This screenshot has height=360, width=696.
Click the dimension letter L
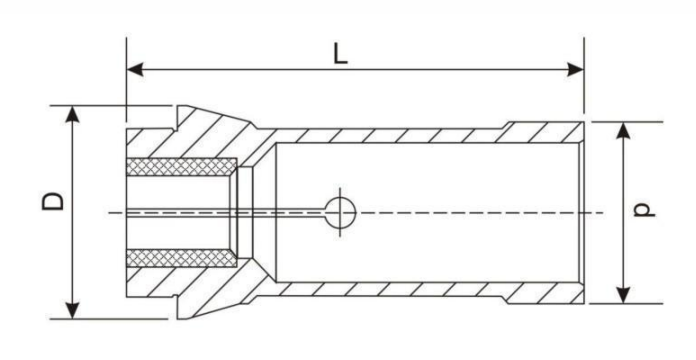[341, 53]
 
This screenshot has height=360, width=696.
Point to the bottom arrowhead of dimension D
[73, 309]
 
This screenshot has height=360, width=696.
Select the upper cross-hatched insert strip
[181, 166]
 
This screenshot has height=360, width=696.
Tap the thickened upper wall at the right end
[545, 131]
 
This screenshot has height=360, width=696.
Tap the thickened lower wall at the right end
[545, 293]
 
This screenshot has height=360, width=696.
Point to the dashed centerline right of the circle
[470, 212]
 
